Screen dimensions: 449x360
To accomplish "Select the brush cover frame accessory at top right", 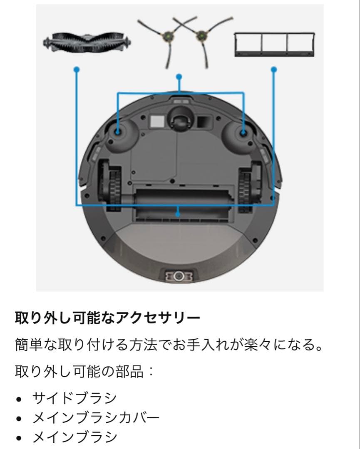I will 274,44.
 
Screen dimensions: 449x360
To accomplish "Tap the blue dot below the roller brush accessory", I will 76,70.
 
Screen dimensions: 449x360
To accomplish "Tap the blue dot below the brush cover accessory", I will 273,70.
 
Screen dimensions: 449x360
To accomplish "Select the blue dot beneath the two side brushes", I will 179,76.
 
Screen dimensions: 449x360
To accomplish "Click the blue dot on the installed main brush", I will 178,214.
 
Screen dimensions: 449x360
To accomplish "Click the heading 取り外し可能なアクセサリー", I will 107,319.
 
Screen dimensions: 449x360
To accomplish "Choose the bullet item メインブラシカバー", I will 96,417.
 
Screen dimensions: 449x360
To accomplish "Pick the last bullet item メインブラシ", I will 75,437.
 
